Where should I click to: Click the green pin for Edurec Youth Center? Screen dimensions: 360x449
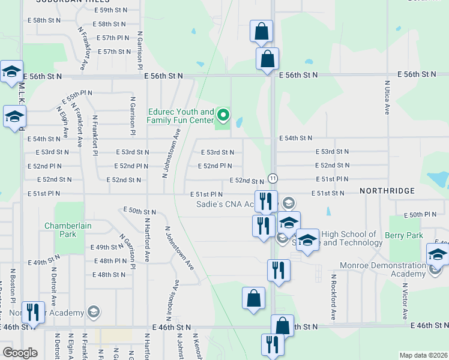(x=223, y=114)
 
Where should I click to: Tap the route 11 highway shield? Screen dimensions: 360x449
(x=273, y=179)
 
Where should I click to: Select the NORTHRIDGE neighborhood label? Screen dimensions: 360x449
(x=387, y=191)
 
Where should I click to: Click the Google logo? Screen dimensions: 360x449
(x=20, y=353)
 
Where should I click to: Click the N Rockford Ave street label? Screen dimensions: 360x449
(x=333, y=297)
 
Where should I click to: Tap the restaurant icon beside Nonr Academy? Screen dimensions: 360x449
(x=33, y=312)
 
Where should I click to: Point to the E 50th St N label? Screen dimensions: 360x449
(x=139, y=211)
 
